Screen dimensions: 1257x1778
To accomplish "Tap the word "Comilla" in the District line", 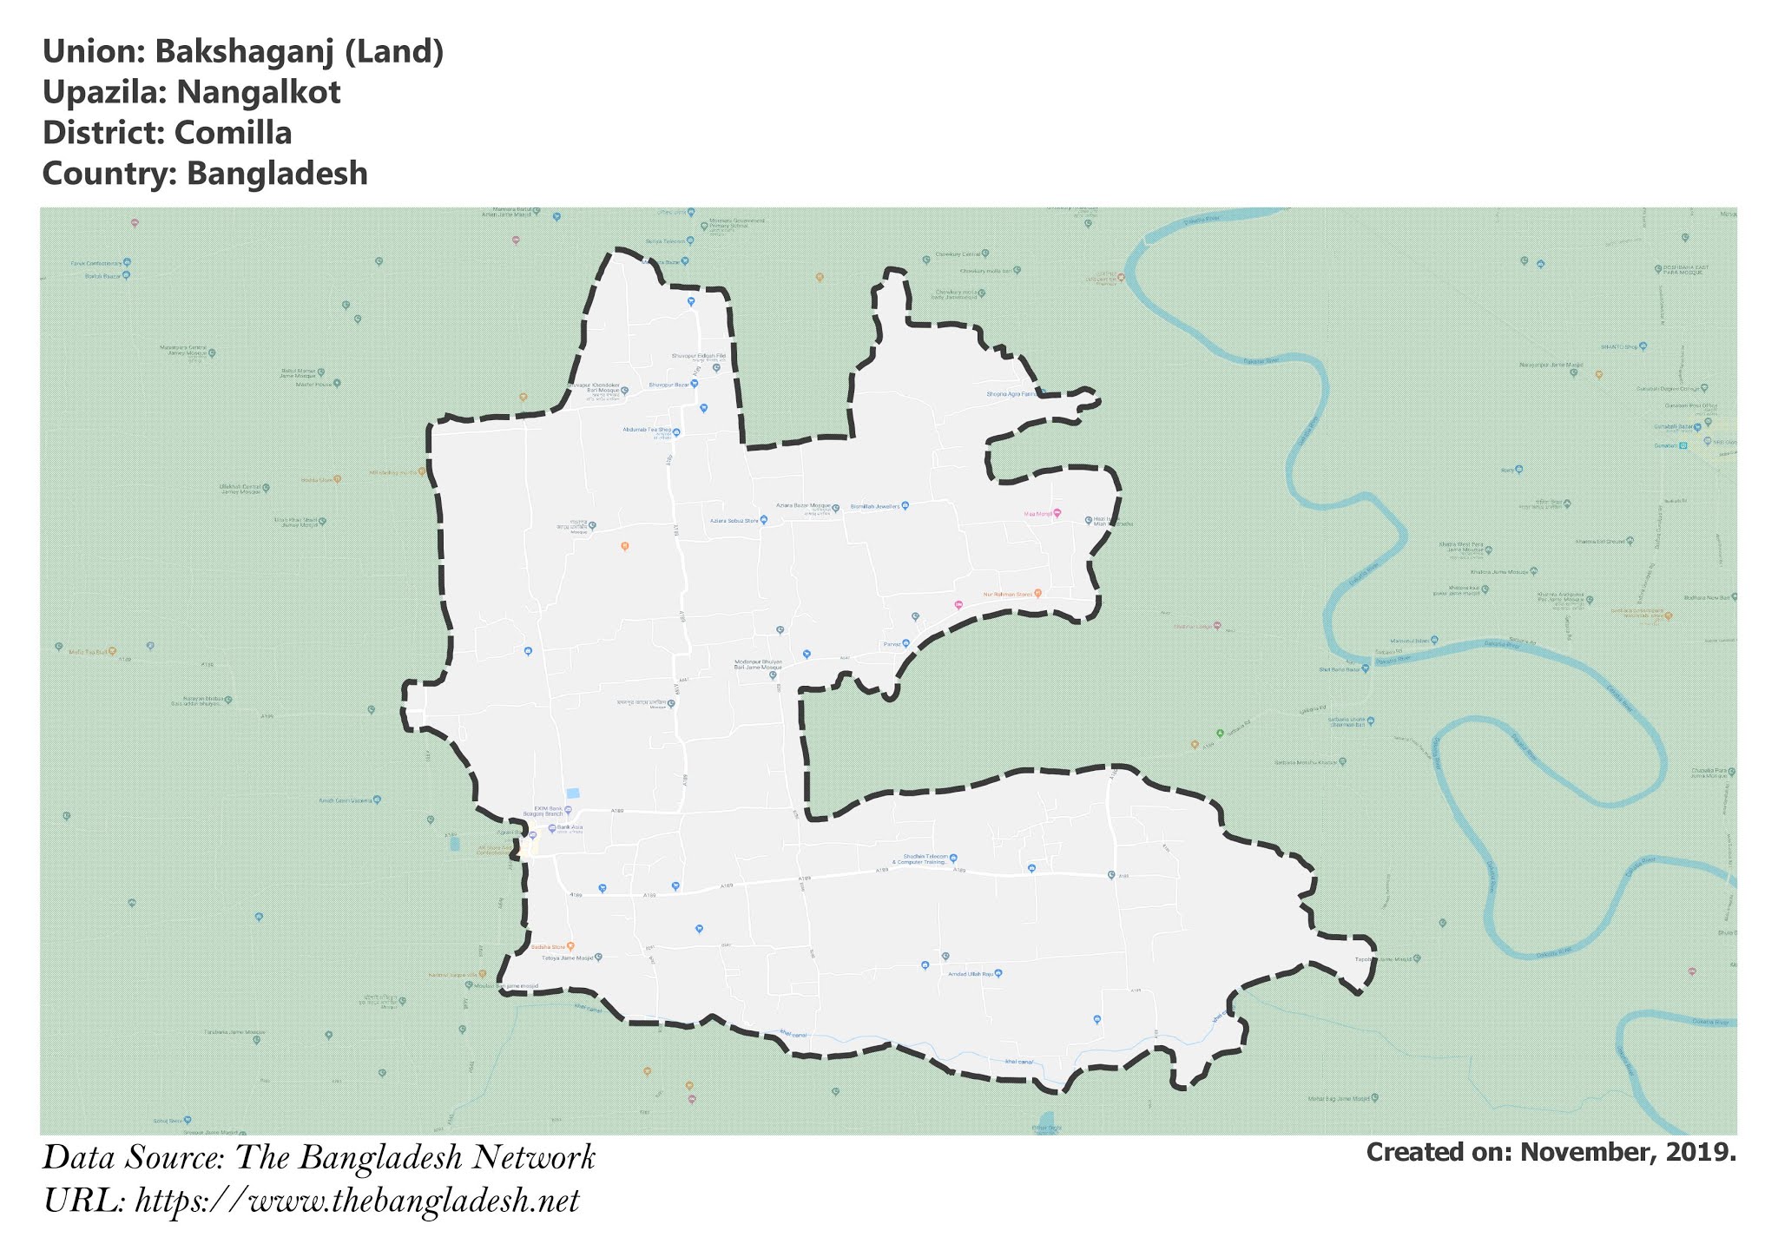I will (233, 134).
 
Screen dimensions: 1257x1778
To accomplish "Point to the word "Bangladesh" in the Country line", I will (277, 174).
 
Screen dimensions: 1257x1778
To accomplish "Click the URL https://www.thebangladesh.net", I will (357, 1201).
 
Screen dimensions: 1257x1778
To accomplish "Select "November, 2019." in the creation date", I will (1628, 1153).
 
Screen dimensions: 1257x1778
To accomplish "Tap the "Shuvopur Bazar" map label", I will (669, 384).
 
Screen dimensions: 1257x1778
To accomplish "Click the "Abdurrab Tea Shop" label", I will (647, 430).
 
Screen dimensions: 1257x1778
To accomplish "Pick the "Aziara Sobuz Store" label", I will (734, 521).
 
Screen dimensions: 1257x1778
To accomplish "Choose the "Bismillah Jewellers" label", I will (874, 505).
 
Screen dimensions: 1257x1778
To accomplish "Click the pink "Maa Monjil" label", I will (1038, 514).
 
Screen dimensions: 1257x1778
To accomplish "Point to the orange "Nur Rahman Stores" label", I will (1007, 595).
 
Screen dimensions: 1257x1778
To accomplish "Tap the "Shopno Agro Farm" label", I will (1011, 394).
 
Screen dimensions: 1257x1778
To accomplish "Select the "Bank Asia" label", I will (570, 827).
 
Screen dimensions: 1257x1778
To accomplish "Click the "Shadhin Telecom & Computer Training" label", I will (922, 859).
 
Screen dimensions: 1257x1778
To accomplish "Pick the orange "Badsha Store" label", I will (548, 946).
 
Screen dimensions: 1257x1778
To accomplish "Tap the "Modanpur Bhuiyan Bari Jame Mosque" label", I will (758, 664).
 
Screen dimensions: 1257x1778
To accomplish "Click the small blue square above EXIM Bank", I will (572, 793).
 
